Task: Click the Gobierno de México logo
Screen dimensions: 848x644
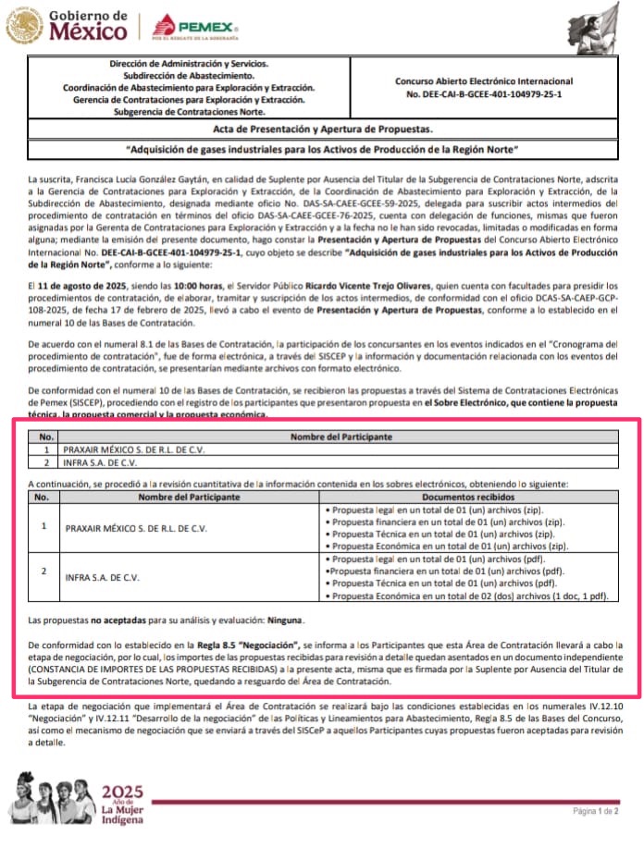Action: (67, 26)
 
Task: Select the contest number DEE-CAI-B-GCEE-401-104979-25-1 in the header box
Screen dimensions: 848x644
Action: (484, 94)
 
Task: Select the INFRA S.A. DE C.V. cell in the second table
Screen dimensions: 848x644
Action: (102, 577)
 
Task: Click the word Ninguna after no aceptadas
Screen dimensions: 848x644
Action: (286, 620)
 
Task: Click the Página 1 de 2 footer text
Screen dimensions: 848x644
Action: (595, 810)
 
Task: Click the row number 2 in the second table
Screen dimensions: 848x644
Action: (43, 571)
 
